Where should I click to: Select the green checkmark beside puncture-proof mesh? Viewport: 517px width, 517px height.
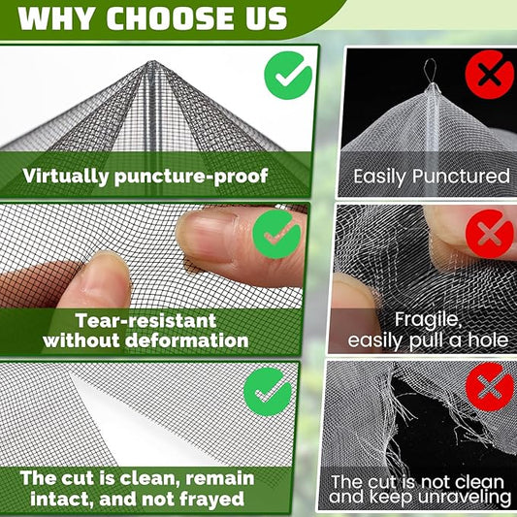[x=288, y=76]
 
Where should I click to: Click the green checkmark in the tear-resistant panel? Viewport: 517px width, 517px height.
[x=276, y=235]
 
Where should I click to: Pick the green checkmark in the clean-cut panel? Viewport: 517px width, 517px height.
[x=268, y=392]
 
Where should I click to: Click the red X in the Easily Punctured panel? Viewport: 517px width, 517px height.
[x=489, y=75]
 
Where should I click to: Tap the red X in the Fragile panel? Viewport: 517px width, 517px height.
[x=489, y=234]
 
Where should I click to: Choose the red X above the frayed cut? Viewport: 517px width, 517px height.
[x=489, y=387]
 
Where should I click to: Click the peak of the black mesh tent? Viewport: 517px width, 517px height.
[x=152, y=61]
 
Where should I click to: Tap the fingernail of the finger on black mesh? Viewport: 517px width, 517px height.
[x=208, y=236]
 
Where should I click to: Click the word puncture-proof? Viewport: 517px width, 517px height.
[x=191, y=177]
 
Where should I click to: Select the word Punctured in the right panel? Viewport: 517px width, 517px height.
[x=462, y=177]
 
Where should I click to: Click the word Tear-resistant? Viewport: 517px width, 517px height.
[x=145, y=320]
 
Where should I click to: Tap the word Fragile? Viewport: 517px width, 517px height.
[x=428, y=320]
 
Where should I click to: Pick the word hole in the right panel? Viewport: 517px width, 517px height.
[x=489, y=339]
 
